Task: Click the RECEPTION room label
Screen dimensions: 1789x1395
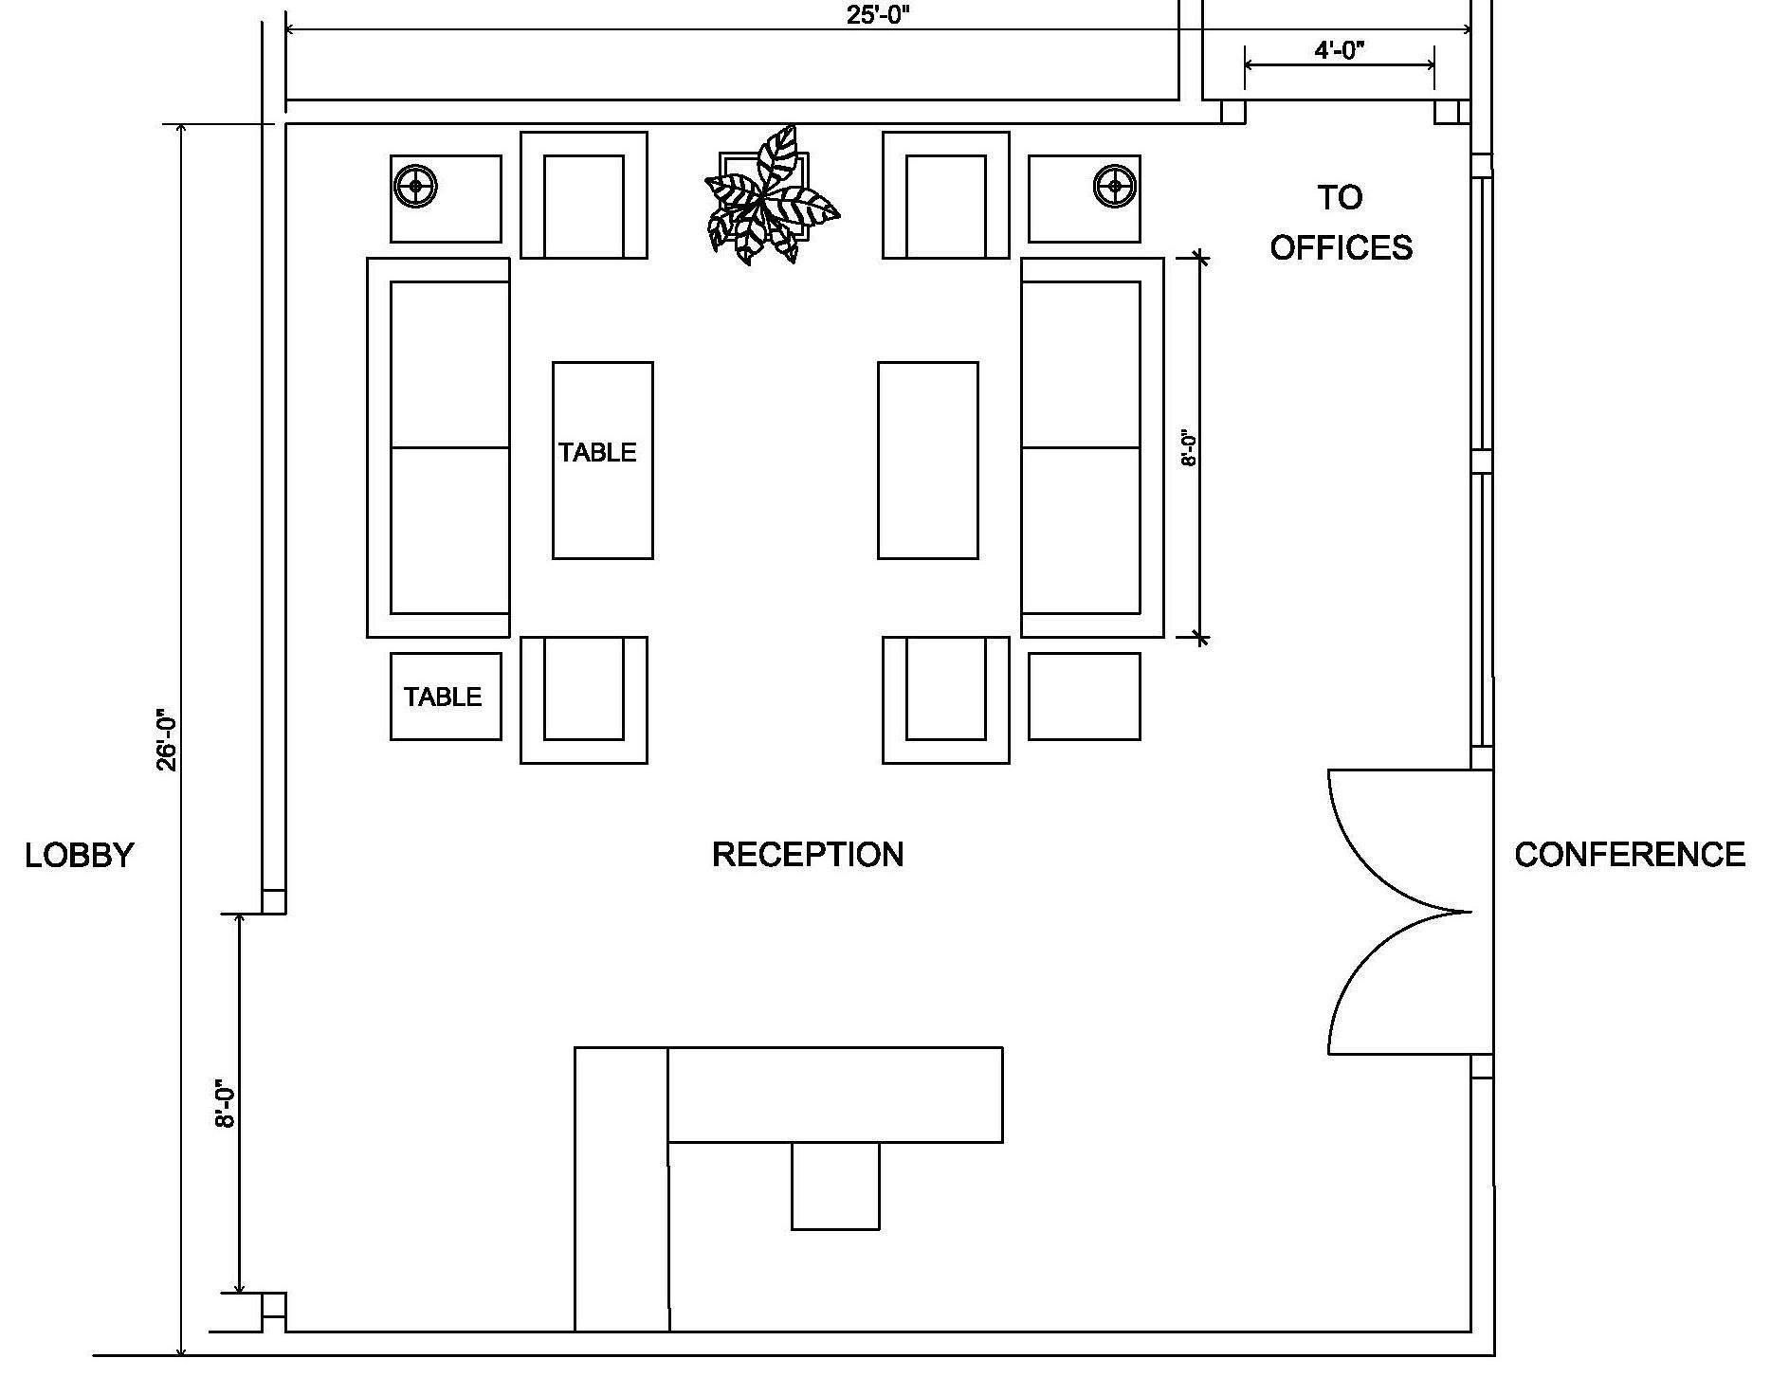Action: coord(808,855)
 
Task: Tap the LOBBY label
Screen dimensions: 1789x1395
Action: coord(80,855)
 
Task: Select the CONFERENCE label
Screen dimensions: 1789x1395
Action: coord(1630,855)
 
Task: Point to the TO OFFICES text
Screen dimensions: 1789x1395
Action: coord(1341,223)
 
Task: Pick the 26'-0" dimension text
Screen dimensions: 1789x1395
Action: coord(168,740)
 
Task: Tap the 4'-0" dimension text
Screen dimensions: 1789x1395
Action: coord(1340,49)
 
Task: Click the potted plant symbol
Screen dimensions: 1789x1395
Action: coord(770,195)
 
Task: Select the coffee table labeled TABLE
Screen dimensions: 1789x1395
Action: coord(603,461)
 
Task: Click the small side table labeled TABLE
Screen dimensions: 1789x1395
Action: coord(446,697)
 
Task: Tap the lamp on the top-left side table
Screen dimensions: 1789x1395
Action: coord(416,186)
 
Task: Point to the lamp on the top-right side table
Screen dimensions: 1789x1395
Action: coord(1114,186)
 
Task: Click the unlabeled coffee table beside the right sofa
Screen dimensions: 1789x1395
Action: coord(928,461)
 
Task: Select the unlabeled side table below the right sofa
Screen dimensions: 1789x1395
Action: coord(1085,697)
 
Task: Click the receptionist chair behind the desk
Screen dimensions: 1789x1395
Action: coord(835,1186)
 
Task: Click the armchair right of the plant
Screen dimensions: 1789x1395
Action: coord(946,195)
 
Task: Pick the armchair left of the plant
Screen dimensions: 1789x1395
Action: coord(584,195)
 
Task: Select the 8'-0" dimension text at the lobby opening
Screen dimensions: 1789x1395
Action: coord(225,1103)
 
